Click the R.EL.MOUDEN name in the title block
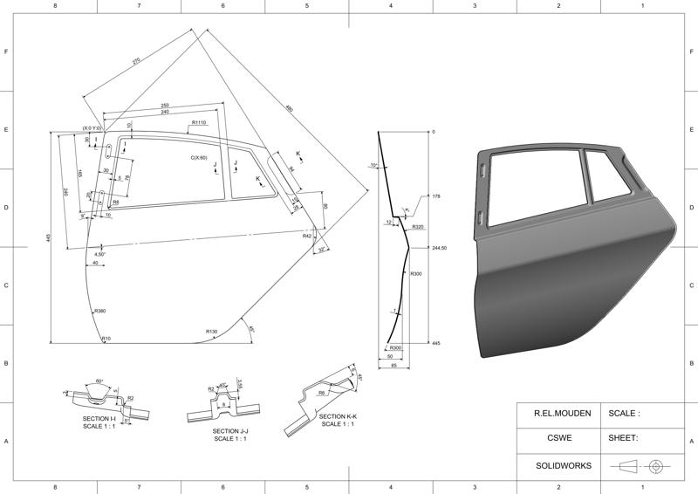click(558, 413)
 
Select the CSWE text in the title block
click(558, 439)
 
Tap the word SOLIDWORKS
click(558, 466)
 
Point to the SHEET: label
click(624, 439)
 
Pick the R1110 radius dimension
click(199, 123)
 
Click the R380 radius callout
click(99, 312)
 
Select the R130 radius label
click(211, 332)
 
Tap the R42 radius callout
click(307, 237)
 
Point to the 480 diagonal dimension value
click(290, 110)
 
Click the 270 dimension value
click(136, 61)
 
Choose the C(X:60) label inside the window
click(200, 158)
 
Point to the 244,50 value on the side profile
click(440, 248)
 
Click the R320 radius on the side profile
click(418, 227)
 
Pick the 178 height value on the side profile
click(436, 196)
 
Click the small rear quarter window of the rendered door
click(607, 172)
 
